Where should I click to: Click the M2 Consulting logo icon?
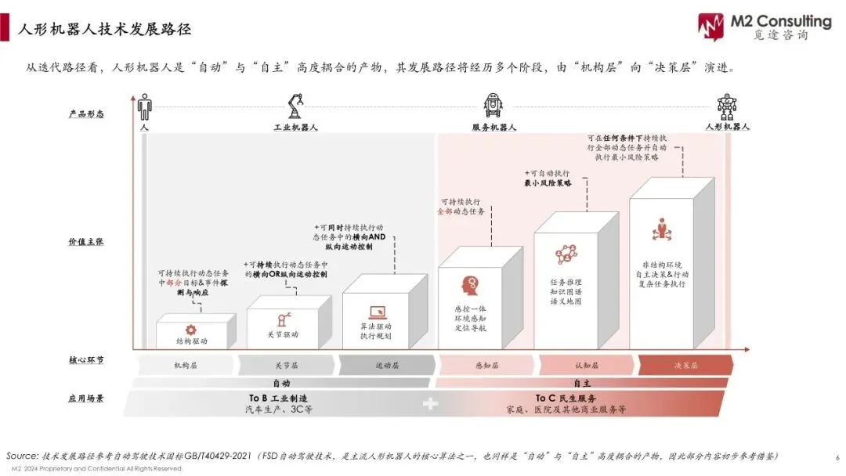[711, 25]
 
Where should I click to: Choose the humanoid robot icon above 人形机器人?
[727, 106]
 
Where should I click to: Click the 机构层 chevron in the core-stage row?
[186, 365]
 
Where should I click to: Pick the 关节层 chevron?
[287, 365]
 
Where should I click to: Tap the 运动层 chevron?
[387, 365]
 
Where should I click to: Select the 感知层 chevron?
[486, 365]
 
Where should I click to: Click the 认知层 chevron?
[587, 365]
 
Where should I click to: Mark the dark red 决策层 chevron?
[685, 365]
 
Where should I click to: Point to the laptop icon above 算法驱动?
[376, 312]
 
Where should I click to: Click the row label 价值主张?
[86, 242]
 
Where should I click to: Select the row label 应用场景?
[86, 398]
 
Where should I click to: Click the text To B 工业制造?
[278, 398]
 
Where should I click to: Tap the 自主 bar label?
[581, 384]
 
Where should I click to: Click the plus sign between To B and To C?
[429, 404]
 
